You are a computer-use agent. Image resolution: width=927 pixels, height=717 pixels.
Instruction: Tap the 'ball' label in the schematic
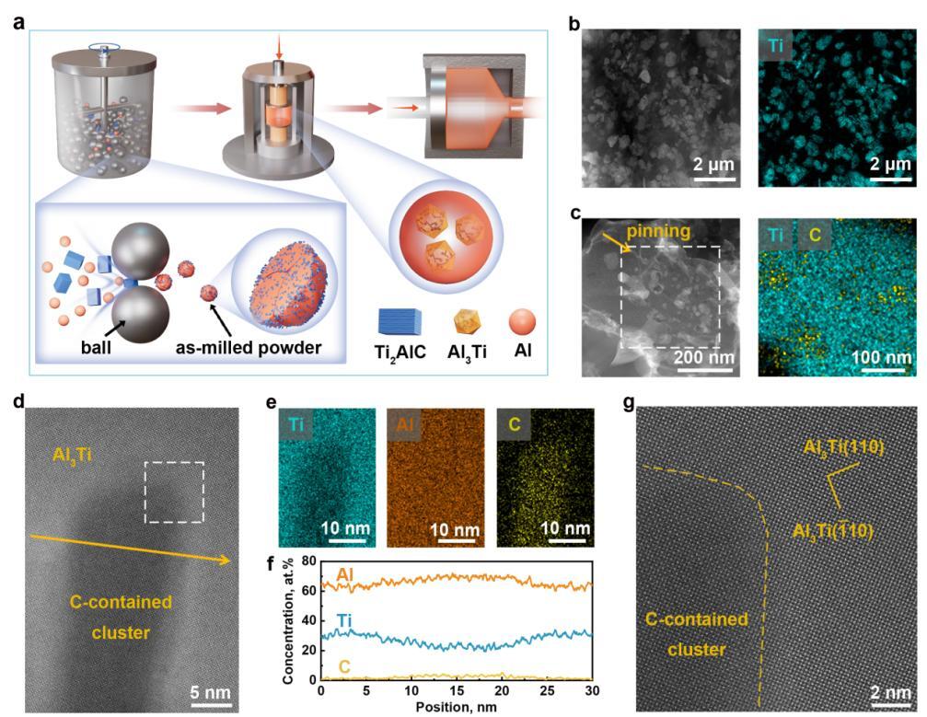pos(96,348)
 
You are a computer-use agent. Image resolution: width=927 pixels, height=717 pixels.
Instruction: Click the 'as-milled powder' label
pos(249,348)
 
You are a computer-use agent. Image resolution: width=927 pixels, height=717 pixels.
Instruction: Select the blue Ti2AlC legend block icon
pos(400,322)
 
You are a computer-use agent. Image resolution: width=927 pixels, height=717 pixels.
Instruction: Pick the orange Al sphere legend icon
pos(523,322)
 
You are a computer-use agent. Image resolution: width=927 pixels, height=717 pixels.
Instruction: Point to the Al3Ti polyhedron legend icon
pos(467,323)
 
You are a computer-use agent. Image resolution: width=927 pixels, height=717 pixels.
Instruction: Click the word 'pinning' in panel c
pos(658,231)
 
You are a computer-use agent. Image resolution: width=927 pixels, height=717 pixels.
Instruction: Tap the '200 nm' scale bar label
pos(703,357)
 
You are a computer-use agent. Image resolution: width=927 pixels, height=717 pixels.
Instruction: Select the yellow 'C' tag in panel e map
pos(514,423)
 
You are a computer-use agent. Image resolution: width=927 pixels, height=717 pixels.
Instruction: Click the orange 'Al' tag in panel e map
pos(405,423)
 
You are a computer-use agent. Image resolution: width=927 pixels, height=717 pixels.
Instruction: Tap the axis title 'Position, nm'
pos(456,706)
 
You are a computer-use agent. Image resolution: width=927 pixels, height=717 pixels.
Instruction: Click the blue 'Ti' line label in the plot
pos(344,620)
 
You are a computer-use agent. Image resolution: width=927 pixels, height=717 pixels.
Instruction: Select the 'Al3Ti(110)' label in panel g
pos(843,447)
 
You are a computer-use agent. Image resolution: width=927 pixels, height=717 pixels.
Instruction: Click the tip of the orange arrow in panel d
pos(230,561)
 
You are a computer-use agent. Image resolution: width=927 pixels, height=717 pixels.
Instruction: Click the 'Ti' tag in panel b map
pos(776,46)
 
